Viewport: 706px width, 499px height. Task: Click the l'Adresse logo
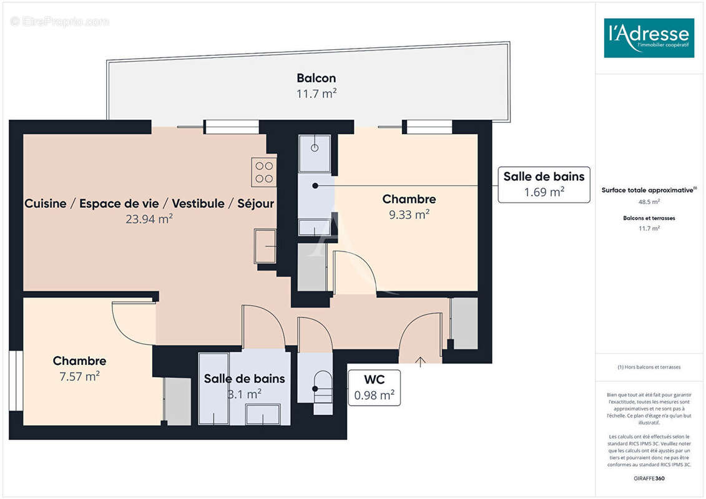coord(649,38)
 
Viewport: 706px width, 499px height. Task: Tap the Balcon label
coord(316,78)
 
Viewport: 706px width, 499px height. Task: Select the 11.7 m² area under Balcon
coord(316,94)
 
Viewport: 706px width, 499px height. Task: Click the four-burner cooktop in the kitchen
coord(264,172)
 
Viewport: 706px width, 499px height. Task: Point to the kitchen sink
coord(265,246)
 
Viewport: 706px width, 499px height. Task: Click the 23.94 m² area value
coord(149,219)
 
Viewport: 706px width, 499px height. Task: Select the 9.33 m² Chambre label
coord(409,200)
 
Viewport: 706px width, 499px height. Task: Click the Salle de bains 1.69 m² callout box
coord(544,185)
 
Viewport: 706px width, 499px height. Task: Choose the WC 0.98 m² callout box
coord(374,388)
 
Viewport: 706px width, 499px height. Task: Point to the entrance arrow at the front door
coord(420,360)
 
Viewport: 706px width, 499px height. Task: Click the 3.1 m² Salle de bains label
coord(244,379)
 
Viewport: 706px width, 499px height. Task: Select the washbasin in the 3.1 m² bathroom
coord(263,414)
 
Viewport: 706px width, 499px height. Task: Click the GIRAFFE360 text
coord(649,478)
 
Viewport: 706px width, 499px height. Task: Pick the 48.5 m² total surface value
coord(649,202)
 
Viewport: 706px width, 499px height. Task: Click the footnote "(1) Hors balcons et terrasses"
coord(649,367)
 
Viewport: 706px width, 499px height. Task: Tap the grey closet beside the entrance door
coord(464,323)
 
